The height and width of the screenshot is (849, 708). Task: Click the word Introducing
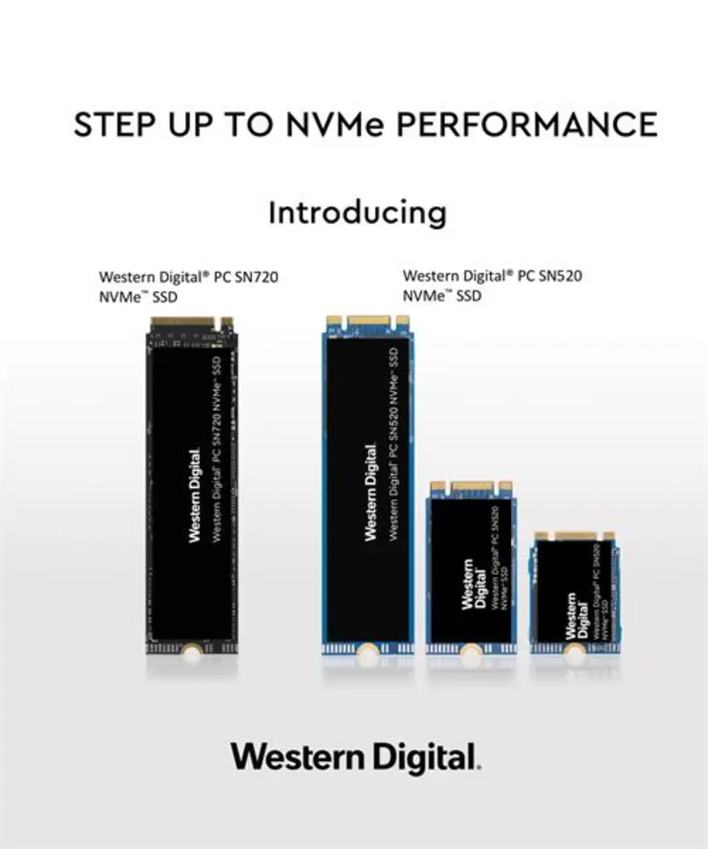pos(357,212)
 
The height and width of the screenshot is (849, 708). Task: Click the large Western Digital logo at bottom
pos(355,757)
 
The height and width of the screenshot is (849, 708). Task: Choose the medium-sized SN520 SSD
pos(471,567)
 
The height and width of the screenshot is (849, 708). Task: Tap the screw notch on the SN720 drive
pos(192,649)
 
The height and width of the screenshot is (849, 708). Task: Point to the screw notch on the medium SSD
pos(471,649)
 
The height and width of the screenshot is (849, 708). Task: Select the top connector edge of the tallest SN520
pos(368,320)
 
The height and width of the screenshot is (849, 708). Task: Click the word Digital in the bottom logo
pos(421,757)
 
